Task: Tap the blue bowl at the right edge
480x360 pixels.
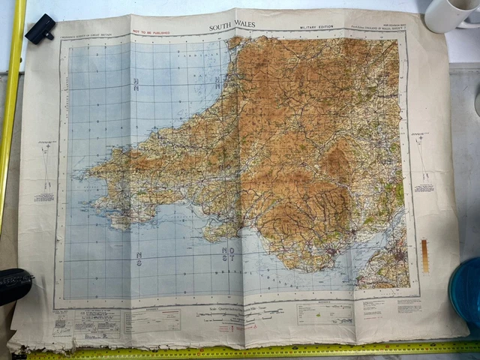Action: pyautogui.click(x=465, y=289)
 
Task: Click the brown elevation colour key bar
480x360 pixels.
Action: pyautogui.click(x=425, y=256)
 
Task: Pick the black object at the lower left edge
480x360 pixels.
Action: pyautogui.click(x=13, y=285)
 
